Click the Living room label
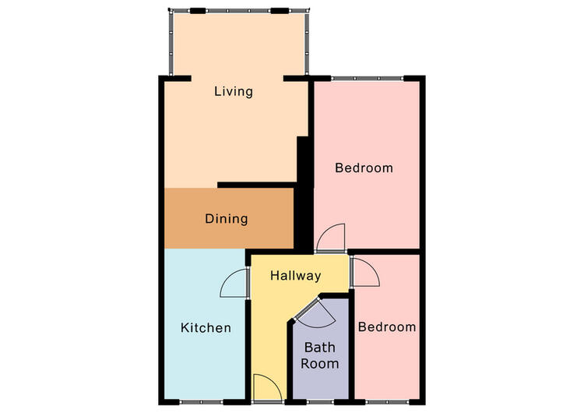pyautogui.click(x=234, y=91)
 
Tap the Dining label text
pyautogui.click(x=227, y=218)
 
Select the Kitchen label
pyautogui.click(x=206, y=327)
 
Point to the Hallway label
pyautogui.click(x=295, y=275)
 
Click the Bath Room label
pyautogui.click(x=319, y=355)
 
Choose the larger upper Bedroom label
pyautogui.click(x=364, y=168)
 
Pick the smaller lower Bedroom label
pyautogui.click(x=387, y=327)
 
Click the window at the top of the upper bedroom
pyautogui.click(x=368, y=78)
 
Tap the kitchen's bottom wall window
pyautogui.click(x=201, y=402)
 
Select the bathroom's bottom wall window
pyautogui.click(x=320, y=402)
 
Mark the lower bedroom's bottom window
pyautogui.click(x=387, y=402)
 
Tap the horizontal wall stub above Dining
pyautogui.click(x=257, y=185)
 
